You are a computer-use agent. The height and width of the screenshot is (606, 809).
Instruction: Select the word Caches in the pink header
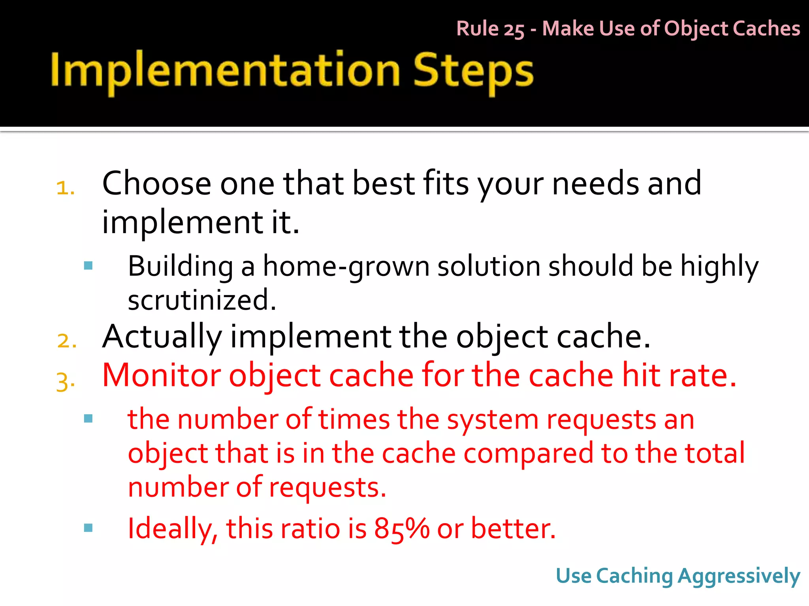(x=766, y=28)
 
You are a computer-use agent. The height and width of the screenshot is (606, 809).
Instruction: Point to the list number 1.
(x=65, y=188)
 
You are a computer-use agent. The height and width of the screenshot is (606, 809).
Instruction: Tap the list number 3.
(x=65, y=382)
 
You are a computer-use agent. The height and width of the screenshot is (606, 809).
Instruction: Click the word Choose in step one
(x=156, y=184)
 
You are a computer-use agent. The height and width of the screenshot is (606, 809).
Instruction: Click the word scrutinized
(x=201, y=300)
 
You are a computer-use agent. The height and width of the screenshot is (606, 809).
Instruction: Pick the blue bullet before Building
(x=88, y=266)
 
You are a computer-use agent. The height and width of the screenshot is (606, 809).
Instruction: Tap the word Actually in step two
(x=162, y=337)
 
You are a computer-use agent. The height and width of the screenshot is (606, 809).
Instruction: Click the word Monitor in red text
(x=161, y=375)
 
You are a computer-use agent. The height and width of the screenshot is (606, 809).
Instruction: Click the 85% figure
(x=401, y=529)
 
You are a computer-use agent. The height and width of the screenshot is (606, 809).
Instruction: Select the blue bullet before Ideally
(x=88, y=527)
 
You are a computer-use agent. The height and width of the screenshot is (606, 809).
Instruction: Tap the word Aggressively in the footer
(x=739, y=576)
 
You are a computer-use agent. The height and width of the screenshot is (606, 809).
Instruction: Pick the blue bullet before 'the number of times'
(x=88, y=418)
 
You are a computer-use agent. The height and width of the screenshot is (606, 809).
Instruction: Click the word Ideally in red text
(x=172, y=529)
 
